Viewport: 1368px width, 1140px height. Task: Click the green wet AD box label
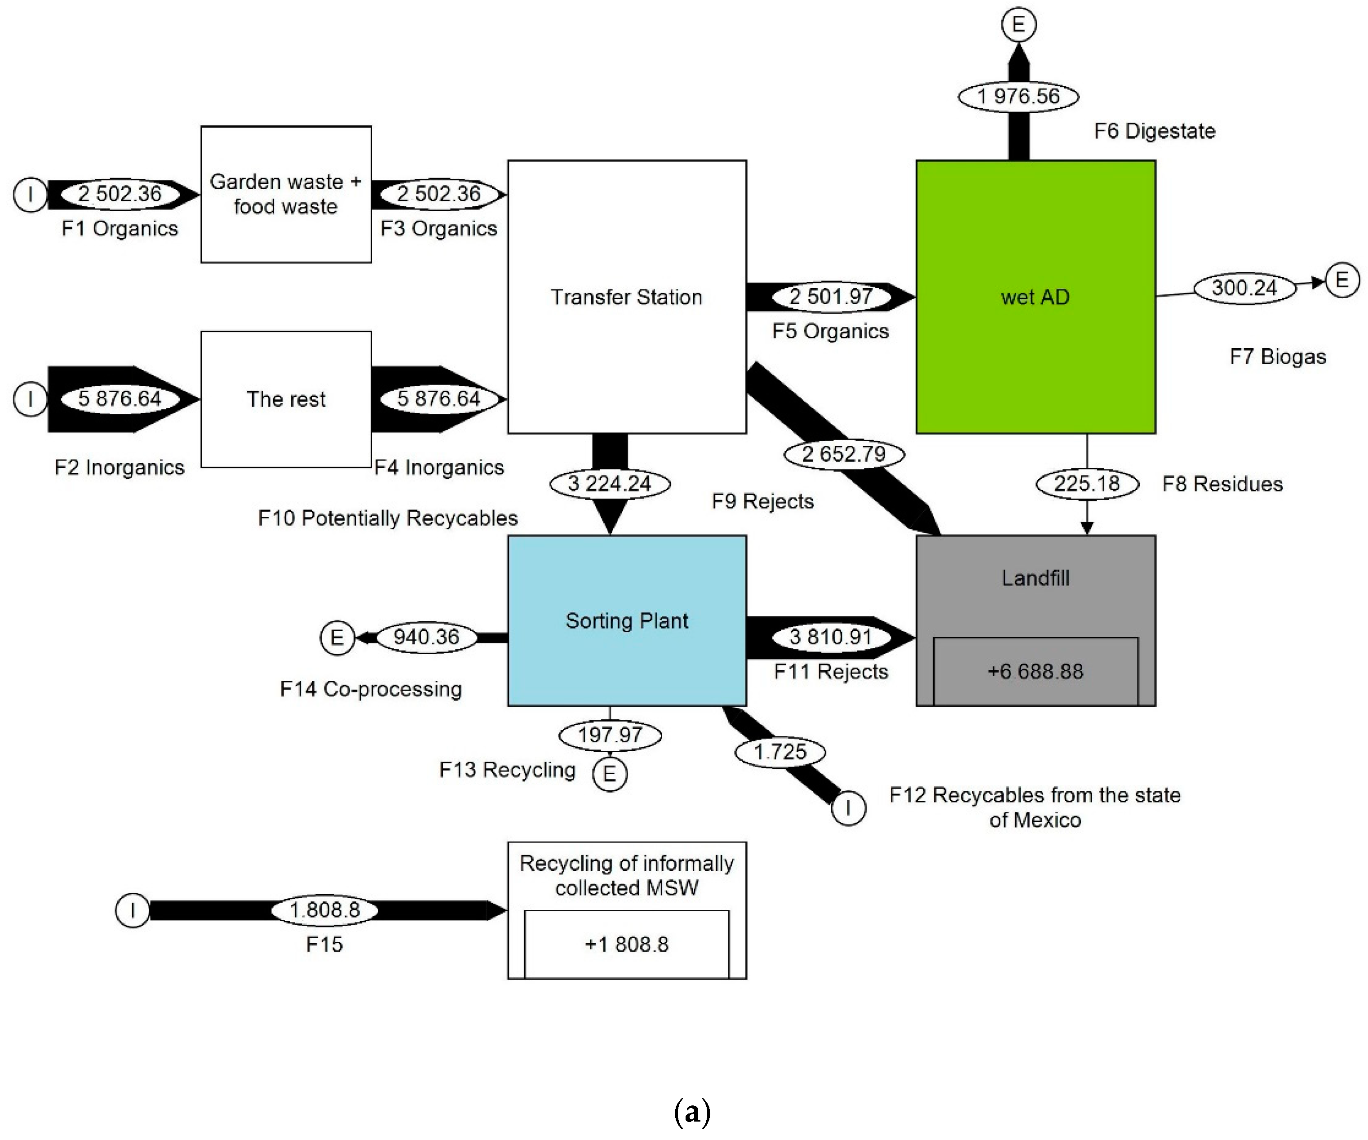tap(1035, 297)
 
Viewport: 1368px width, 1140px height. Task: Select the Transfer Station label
tap(626, 297)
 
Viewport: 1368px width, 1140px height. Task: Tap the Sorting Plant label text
tap(626, 621)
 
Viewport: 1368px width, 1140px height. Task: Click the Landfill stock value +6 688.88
tap(1035, 671)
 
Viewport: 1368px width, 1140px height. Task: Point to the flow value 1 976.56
tap(1018, 97)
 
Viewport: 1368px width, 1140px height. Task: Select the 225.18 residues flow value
tap(1087, 484)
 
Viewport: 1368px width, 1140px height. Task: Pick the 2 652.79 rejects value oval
tap(844, 454)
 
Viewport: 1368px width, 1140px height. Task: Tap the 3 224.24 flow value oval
tap(609, 484)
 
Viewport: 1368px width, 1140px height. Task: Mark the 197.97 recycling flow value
tap(610, 735)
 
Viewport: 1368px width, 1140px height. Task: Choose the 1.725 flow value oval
tap(780, 752)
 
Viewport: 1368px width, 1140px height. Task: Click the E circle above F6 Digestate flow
tap(1018, 25)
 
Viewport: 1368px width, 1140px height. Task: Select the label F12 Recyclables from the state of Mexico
tap(1035, 807)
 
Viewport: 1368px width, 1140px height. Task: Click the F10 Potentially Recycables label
tap(388, 518)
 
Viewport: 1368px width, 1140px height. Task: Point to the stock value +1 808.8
tap(626, 944)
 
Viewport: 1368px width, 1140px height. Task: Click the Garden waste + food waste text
tap(285, 194)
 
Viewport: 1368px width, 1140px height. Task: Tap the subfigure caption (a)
tap(692, 1113)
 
